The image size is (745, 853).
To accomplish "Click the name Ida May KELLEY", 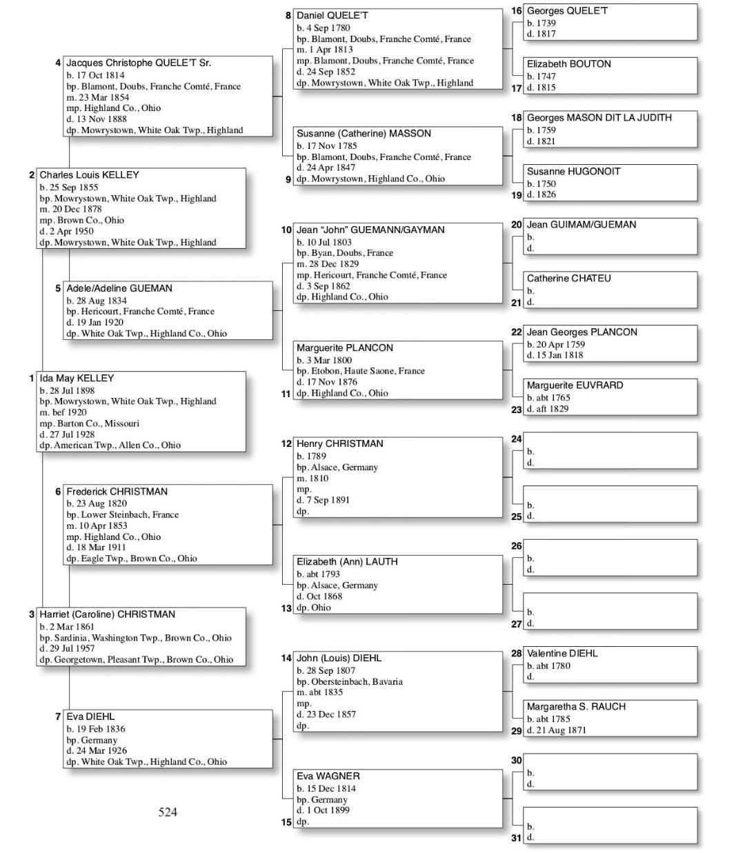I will click(77, 378).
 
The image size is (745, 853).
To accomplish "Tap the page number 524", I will click(168, 812).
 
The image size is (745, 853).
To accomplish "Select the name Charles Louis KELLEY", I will click(89, 175).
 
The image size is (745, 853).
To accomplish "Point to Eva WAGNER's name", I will click(328, 776).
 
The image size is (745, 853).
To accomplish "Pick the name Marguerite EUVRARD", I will click(575, 385).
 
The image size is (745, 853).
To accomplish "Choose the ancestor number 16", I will click(517, 11).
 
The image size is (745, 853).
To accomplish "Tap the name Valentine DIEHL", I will click(562, 653).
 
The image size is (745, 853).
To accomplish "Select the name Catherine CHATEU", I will click(568, 279).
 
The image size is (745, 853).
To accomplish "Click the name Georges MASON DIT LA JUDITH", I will click(599, 118).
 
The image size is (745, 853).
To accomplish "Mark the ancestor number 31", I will click(517, 838).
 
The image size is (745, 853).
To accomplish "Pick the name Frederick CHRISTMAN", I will click(117, 492).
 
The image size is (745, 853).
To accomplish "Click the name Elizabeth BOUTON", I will click(568, 64).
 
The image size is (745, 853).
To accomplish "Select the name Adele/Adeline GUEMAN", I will click(119, 288).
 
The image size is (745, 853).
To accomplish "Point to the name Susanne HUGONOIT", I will click(573, 172).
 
